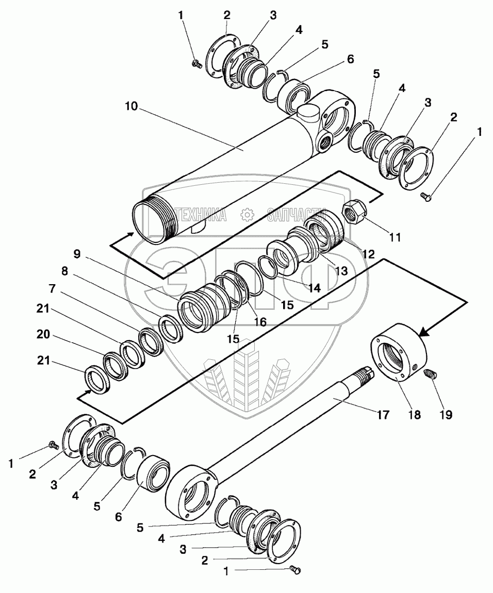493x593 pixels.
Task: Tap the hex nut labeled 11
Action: tap(354, 212)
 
